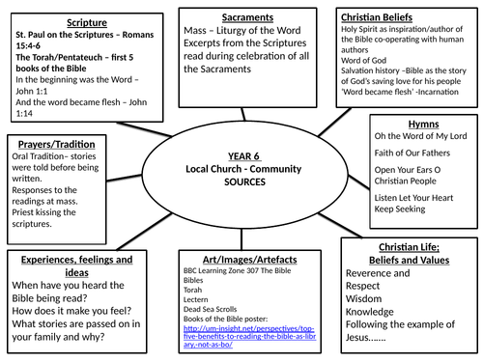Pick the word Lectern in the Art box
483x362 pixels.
click(195, 299)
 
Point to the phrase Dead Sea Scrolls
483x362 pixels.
click(210, 310)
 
